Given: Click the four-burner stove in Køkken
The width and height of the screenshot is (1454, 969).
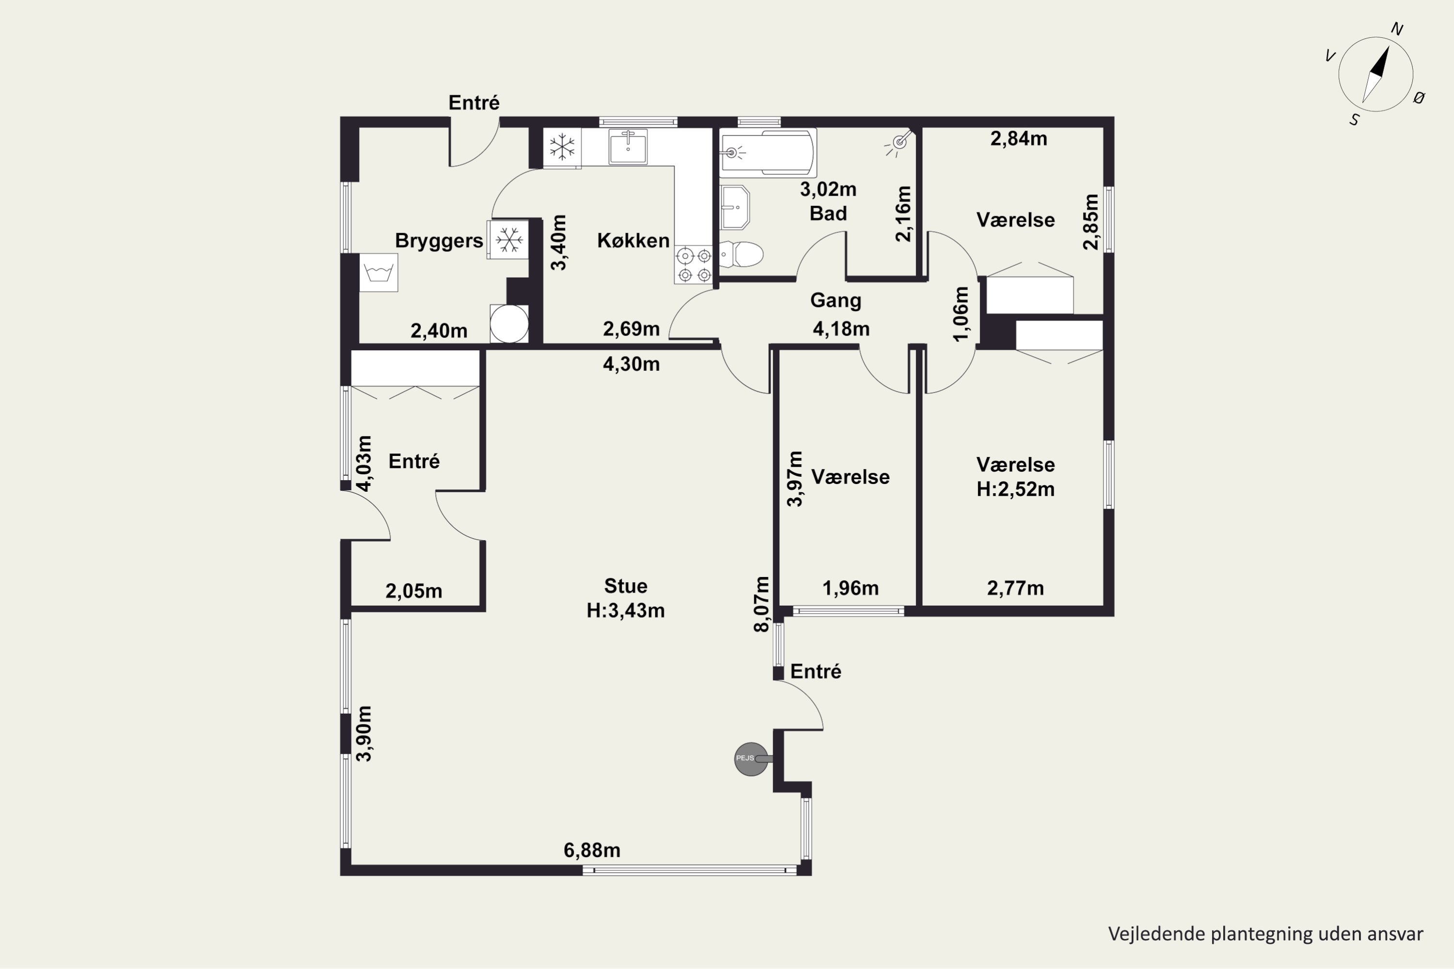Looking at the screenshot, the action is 694,265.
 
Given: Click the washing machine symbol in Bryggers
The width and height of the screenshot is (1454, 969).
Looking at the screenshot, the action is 379,272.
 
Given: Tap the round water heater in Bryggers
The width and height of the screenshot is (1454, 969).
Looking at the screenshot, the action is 509,323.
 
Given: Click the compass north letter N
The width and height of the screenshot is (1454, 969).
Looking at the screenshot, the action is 1396,29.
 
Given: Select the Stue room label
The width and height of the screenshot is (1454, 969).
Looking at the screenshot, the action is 626,586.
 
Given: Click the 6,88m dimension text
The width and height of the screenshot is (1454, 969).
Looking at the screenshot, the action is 592,850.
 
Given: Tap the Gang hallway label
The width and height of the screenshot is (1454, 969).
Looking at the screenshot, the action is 836,300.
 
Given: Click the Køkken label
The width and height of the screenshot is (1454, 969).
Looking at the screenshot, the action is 633,240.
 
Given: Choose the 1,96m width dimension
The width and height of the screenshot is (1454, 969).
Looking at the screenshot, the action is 850,588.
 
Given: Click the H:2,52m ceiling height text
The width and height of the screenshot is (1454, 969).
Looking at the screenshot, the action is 1015,489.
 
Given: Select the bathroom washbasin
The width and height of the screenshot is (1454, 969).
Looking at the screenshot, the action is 735,207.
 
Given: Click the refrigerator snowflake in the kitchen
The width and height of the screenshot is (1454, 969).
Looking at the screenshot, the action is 562,148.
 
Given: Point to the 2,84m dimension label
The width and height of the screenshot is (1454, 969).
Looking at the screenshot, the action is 1019,139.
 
